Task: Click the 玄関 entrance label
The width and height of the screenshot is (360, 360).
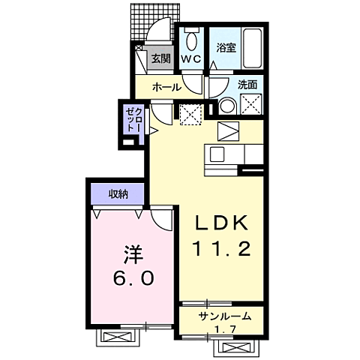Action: coord(159,58)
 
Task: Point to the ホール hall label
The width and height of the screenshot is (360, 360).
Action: coord(166,87)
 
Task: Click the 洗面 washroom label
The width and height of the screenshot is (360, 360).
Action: coord(248,85)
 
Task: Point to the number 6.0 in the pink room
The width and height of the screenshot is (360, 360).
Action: coord(135,277)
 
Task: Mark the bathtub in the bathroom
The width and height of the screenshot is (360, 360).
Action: coord(250,46)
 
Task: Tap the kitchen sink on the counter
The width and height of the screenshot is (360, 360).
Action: coord(217,156)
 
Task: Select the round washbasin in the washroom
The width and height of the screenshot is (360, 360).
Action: coord(226,105)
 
